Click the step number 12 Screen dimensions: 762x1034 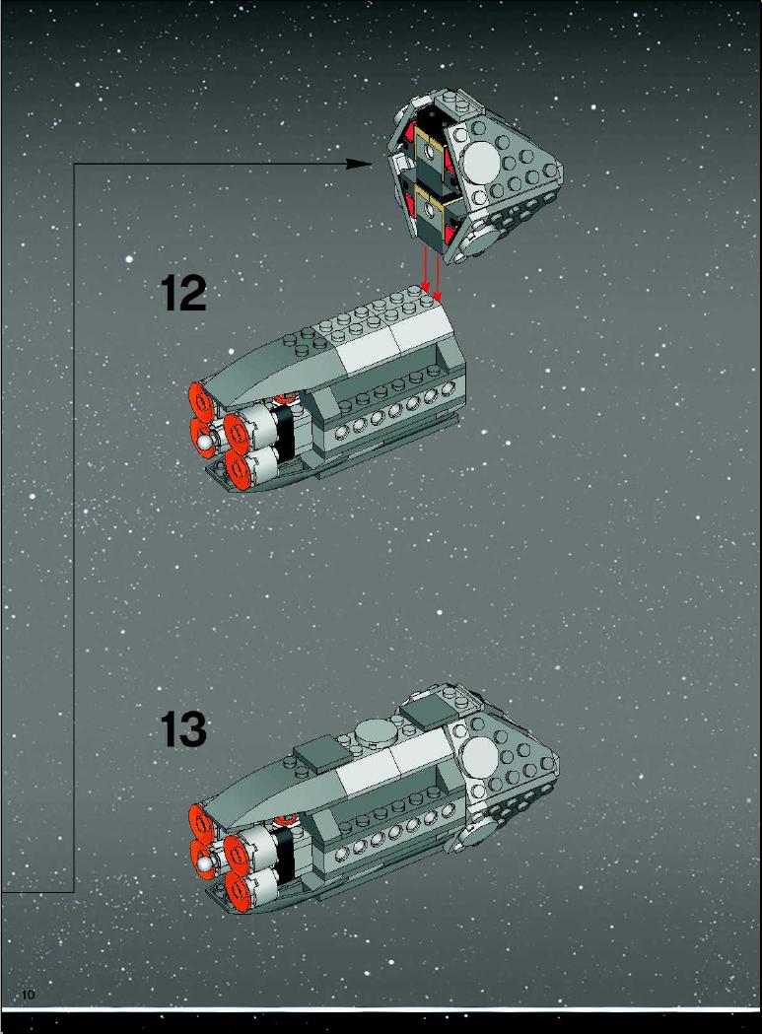pos(183,294)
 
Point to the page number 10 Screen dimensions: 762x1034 pos(28,995)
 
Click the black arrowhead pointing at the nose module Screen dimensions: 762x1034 pos(360,164)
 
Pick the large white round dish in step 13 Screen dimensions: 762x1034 pos(480,756)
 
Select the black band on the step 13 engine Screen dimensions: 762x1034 pos(285,851)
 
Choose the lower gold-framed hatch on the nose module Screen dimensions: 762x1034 pos(430,211)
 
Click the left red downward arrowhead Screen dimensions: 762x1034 pos(426,287)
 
